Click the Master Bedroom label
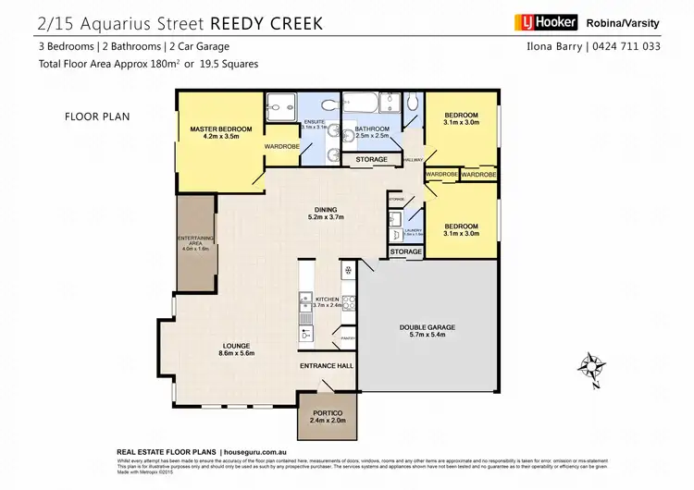click(x=215, y=129)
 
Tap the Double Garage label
click(x=428, y=327)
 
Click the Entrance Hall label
click(x=327, y=366)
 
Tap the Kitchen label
click(x=328, y=300)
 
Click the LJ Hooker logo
click(x=546, y=21)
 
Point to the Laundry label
click(x=414, y=232)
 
